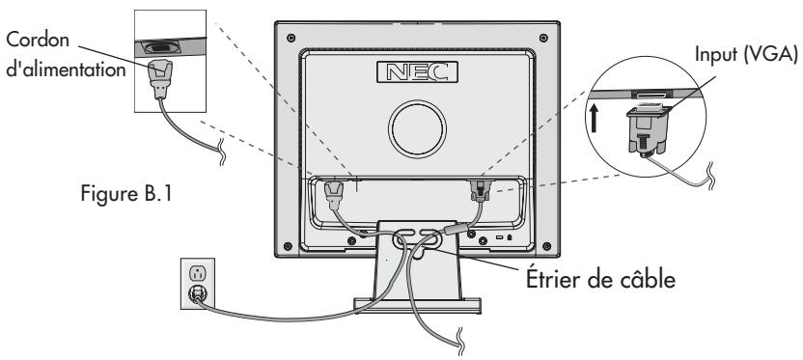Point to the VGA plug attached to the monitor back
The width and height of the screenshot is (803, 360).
476,191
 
